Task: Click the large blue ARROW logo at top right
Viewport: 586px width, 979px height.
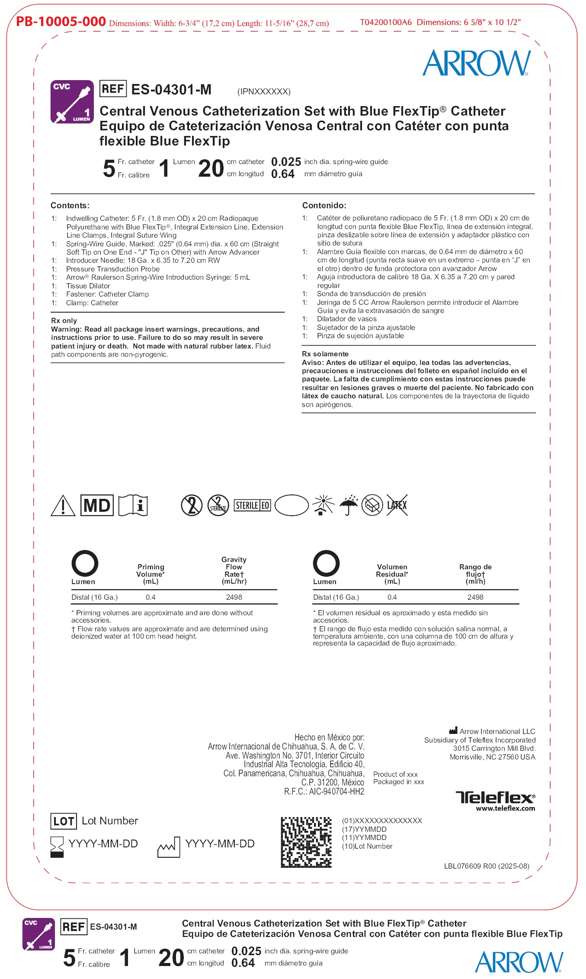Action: pyautogui.click(x=476, y=63)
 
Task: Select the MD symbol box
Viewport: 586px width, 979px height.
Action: pyautogui.click(x=97, y=505)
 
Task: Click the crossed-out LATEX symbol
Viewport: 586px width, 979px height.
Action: pyautogui.click(x=397, y=505)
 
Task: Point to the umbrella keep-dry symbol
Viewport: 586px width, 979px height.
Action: pyautogui.click(x=349, y=505)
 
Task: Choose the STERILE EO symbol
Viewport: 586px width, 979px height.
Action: pyautogui.click(x=253, y=505)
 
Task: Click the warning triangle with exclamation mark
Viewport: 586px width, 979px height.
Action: pyautogui.click(x=63, y=506)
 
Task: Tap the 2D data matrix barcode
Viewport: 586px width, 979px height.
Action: pyautogui.click(x=306, y=842)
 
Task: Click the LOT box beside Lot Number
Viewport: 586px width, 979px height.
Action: pyautogui.click(x=64, y=821)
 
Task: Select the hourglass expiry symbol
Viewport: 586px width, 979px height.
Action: pyautogui.click(x=57, y=847)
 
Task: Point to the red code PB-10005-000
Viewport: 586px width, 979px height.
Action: pyautogui.click(x=61, y=21)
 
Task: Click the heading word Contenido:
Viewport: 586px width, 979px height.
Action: pyautogui.click(x=324, y=205)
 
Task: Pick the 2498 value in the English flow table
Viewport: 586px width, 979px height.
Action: pyautogui.click(x=234, y=597)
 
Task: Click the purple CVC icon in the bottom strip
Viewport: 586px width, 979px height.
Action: pyautogui.click(x=38, y=934)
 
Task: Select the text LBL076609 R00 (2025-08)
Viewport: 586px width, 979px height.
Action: pyautogui.click(x=487, y=866)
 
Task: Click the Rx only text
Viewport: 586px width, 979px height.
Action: pyautogui.click(x=64, y=320)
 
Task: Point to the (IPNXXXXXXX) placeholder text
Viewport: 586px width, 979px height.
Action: pyautogui.click(x=264, y=91)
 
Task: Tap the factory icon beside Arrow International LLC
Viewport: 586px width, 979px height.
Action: pyautogui.click(x=453, y=730)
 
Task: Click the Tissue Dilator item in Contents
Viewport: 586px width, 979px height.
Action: pyautogui.click(x=88, y=286)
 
